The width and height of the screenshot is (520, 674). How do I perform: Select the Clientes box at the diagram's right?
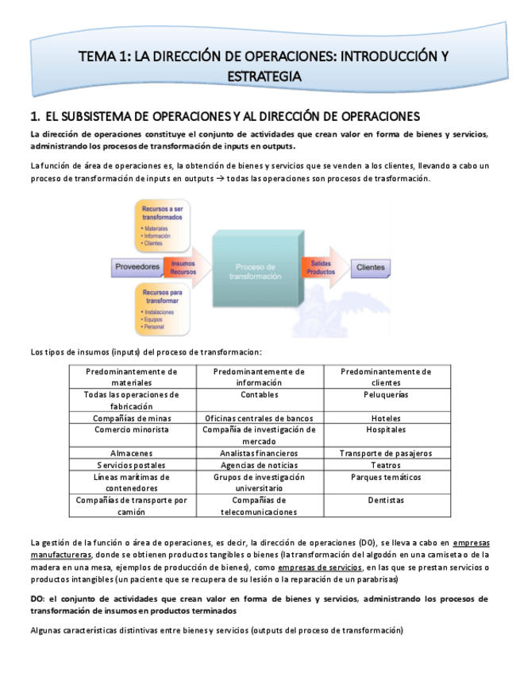point(370,267)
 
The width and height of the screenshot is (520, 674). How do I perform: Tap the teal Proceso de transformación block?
point(255,271)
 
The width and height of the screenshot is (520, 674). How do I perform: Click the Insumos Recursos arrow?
point(183,267)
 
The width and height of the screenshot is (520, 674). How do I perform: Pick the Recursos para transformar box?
point(162,309)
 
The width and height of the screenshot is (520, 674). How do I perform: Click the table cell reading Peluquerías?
point(386,394)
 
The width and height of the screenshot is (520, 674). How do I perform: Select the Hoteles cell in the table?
point(386,418)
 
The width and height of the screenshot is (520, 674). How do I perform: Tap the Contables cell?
point(259,394)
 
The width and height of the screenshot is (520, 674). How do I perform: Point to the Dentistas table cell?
point(386,501)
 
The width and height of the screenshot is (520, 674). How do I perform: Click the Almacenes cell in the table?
point(132,453)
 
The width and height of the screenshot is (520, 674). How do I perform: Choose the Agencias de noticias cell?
point(259,465)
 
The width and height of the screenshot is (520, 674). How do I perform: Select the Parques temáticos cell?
point(386,478)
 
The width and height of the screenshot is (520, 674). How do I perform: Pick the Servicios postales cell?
point(132,465)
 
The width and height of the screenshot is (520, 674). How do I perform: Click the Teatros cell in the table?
point(386,465)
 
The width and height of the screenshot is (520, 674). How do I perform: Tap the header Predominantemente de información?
point(259,377)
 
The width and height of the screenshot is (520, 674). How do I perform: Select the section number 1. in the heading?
point(35,117)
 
